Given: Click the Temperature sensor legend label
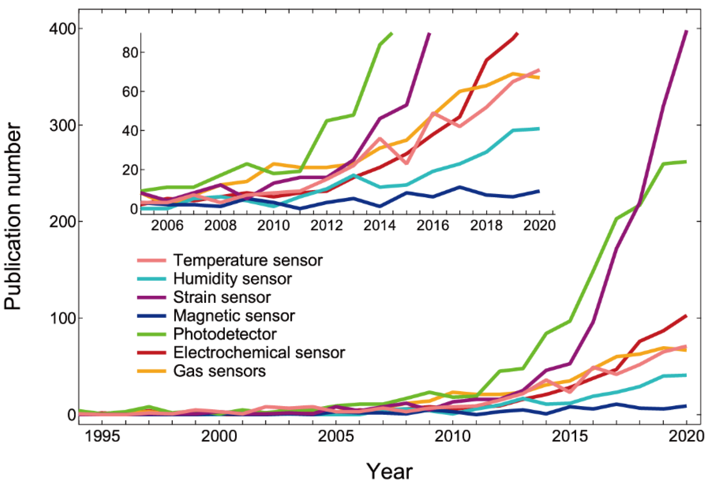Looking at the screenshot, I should (248, 260).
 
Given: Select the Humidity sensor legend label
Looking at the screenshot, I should (233, 279).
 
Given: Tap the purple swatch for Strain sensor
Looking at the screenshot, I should (152, 297).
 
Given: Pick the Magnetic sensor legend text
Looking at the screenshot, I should (234, 316).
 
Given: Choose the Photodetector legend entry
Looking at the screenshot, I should (225, 334).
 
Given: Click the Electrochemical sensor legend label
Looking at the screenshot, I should (259, 353).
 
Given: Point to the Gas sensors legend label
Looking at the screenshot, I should (219, 371).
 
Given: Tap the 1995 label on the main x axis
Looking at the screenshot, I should (102, 436).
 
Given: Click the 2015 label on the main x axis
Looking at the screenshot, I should (570, 436).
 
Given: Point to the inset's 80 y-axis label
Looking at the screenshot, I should (130, 52).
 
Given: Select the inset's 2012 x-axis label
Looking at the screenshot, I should (326, 226).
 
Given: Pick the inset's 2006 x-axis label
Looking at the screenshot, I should (167, 226).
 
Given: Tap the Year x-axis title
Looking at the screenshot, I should (389, 471).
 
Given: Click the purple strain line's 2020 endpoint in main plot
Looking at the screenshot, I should (686, 31).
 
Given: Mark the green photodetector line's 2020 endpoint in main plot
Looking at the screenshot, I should (686, 161).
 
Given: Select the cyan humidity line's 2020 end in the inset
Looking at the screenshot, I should (539, 129).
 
